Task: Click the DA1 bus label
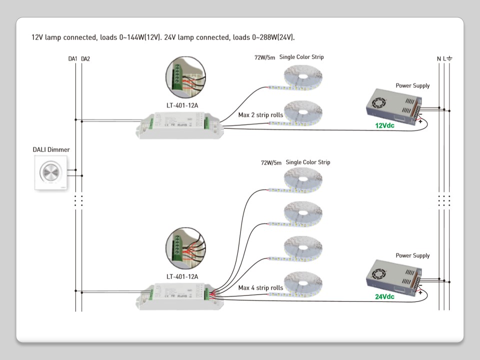click(x=72, y=59)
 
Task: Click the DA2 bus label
click(x=85, y=59)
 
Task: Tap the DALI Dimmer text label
click(x=51, y=149)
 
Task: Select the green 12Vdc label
click(x=384, y=125)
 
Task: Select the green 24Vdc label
click(x=384, y=296)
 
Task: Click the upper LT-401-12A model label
click(x=182, y=105)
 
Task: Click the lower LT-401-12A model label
click(x=182, y=276)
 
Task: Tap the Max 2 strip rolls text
click(x=260, y=115)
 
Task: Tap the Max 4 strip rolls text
click(x=260, y=287)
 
